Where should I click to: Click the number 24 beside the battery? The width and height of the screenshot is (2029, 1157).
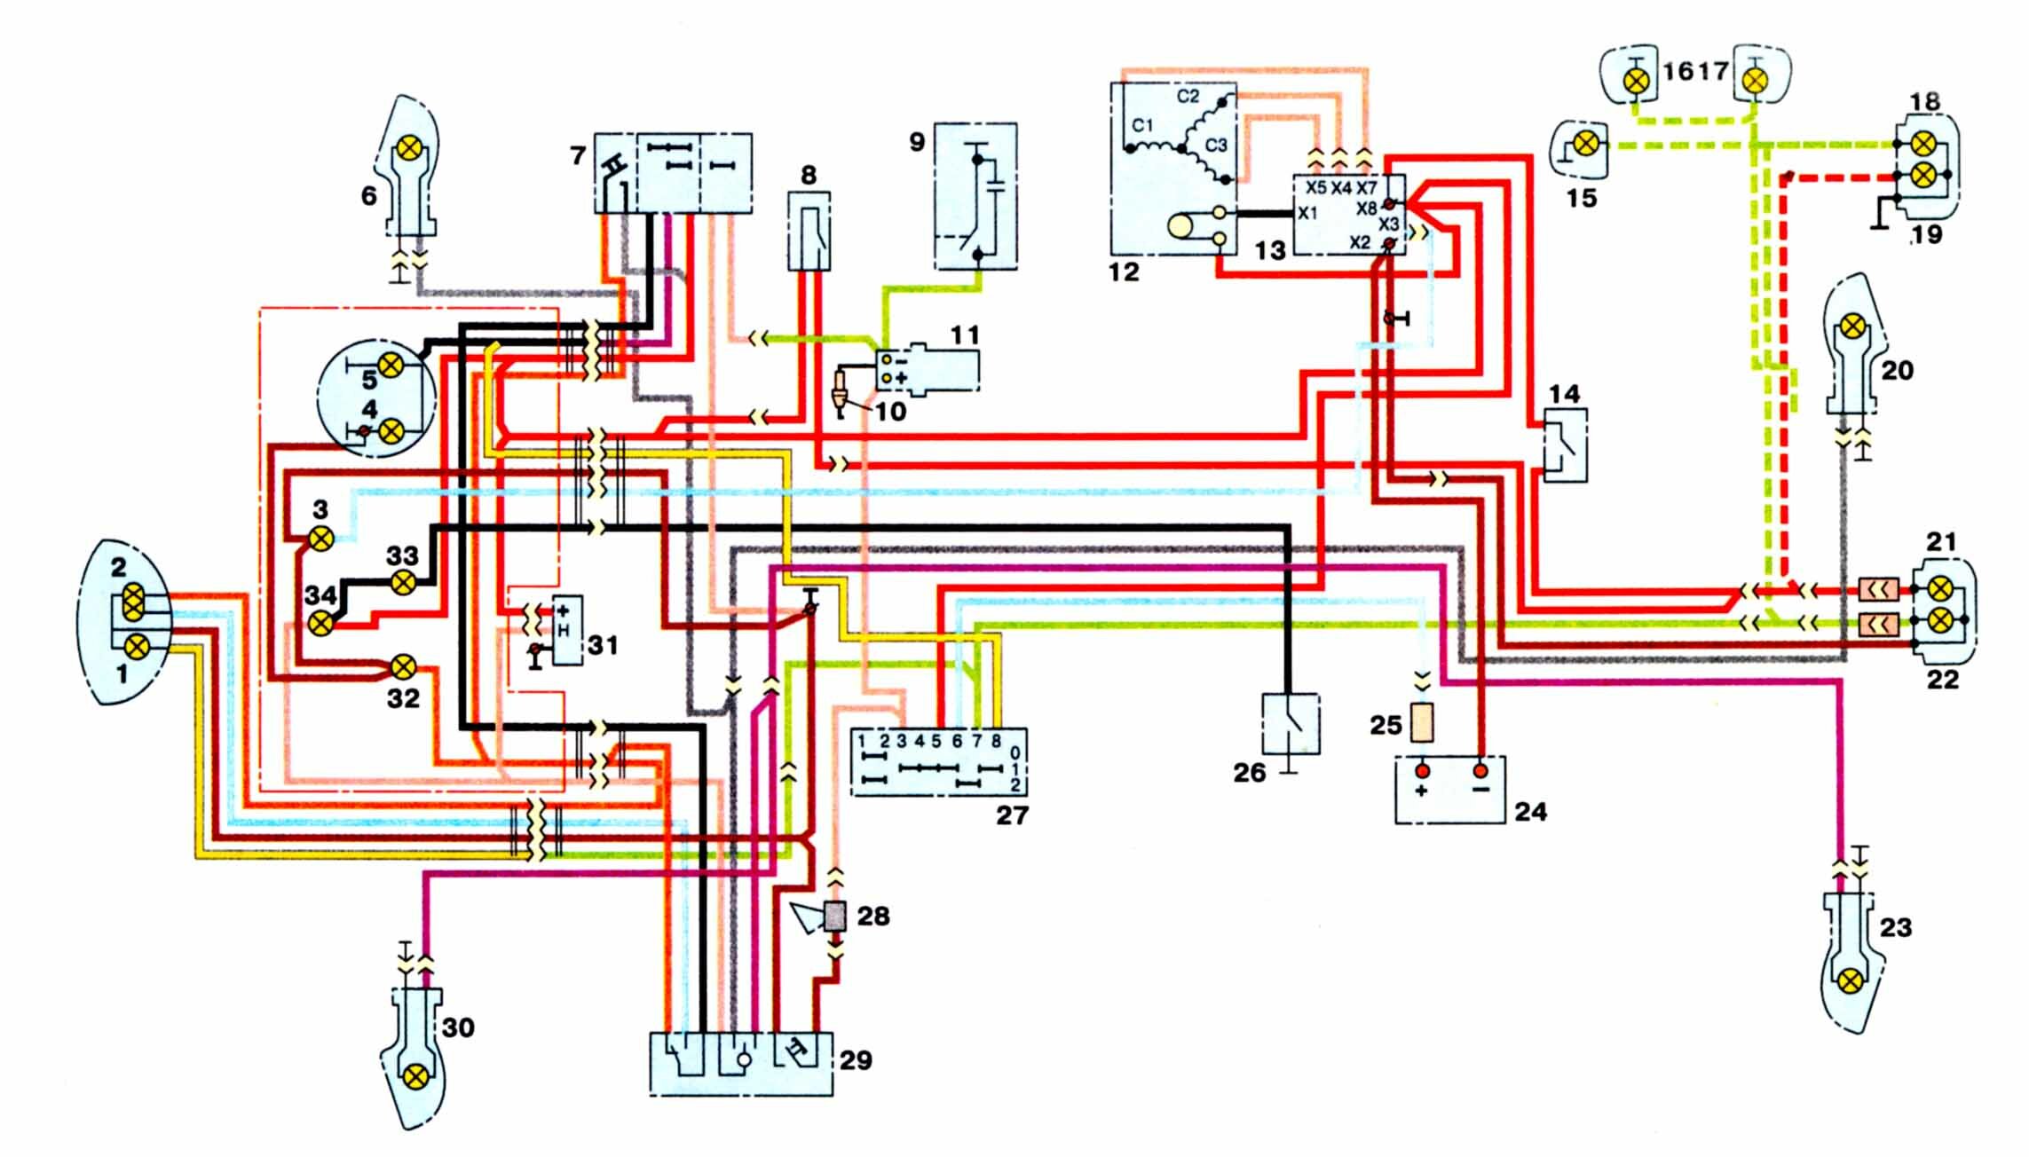tap(1530, 811)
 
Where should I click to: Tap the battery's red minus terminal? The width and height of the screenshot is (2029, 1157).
tap(1480, 769)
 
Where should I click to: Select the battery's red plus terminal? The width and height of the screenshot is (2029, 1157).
tap(1422, 769)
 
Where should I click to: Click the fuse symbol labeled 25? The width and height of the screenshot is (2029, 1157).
tap(1422, 723)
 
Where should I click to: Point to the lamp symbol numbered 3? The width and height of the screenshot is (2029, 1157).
tap(320, 538)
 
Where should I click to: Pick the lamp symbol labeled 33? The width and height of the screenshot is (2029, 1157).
tap(403, 582)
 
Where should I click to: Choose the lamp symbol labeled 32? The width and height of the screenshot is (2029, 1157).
tap(404, 665)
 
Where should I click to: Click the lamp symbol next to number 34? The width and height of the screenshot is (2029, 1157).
tap(320, 623)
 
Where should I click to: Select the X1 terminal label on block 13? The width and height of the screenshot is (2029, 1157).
tap(1308, 214)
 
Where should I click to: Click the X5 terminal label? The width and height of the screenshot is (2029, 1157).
tap(1315, 188)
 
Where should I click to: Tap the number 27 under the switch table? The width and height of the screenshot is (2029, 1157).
tap(1012, 815)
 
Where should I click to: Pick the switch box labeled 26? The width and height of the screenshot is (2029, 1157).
tap(1291, 723)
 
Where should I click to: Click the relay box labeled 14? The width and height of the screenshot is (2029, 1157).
tap(1566, 445)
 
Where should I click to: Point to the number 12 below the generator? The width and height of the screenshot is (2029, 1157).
tap(1124, 272)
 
